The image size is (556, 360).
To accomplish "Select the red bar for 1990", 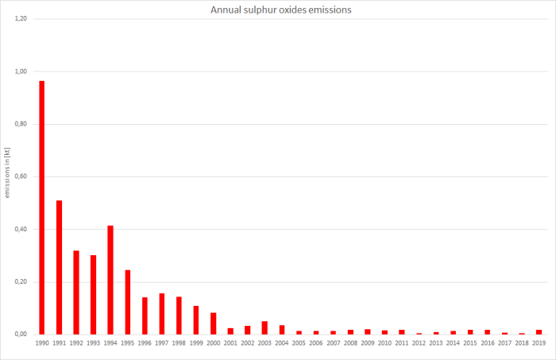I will click(x=42, y=207).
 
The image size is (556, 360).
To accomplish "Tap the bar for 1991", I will click(x=60, y=267).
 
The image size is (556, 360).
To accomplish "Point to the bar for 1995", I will click(x=128, y=302).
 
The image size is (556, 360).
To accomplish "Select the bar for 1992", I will click(x=76, y=292).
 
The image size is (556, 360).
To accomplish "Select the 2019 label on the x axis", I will click(x=539, y=343).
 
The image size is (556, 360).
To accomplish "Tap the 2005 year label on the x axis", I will click(x=299, y=343).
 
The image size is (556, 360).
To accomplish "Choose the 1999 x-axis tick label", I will click(x=196, y=343).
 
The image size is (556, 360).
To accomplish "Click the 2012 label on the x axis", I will click(x=419, y=343).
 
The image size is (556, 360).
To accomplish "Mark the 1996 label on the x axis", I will click(x=145, y=343).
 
